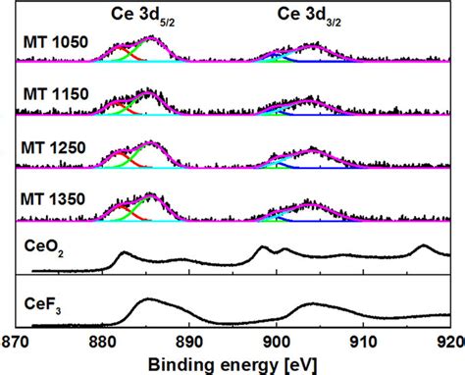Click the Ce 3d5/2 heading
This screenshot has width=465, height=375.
(x=142, y=17)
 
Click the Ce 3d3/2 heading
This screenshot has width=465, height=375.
(x=309, y=17)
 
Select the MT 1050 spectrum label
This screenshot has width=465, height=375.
(x=56, y=42)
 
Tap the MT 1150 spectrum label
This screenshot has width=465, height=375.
(x=56, y=94)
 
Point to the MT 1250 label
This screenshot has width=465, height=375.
(x=53, y=148)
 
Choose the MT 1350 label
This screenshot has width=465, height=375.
(x=53, y=199)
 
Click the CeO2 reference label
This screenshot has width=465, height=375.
(x=44, y=247)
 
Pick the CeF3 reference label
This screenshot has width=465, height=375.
(x=42, y=305)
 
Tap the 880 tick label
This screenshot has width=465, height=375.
(x=102, y=343)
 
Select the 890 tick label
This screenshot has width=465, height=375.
(x=189, y=343)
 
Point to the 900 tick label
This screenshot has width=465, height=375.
(x=277, y=343)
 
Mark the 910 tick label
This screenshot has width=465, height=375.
(x=363, y=343)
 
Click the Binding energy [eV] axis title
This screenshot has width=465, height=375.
(x=232, y=365)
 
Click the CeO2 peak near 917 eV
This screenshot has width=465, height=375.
(x=424, y=245)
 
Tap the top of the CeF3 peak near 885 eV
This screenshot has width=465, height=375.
(x=149, y=298)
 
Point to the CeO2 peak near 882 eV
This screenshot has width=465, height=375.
(x=124, y=252)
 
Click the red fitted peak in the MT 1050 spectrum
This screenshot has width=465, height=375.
(x=120, y=48)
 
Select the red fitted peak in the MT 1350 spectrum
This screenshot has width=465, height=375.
(x=122, y=207)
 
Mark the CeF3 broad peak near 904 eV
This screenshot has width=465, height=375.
(x=313, y=304)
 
